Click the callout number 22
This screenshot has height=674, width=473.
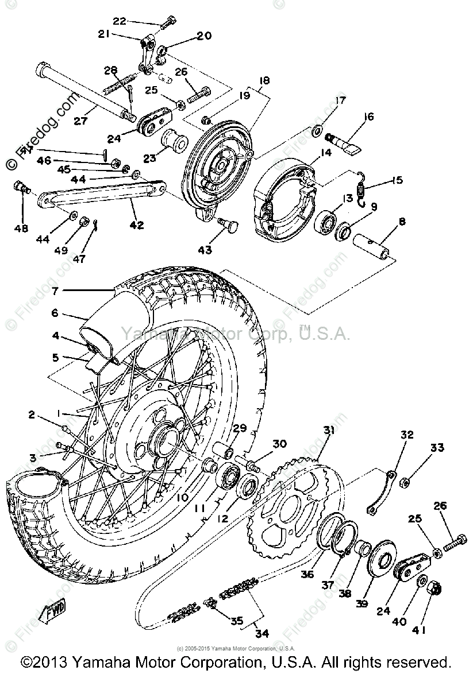pyautogui.click(x=119, y=22)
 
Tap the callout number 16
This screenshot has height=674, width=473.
pyautogui.click(x=368, y=117)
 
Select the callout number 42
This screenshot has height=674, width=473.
pyautogui.click(x=137, y=224)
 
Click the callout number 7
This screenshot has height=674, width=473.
pyautogui.click(x=55, y=291)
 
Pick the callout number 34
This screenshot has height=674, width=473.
pyautogui.click(x=262, y=634)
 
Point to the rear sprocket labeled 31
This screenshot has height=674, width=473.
pyautogui.click(x=287, y=505)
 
